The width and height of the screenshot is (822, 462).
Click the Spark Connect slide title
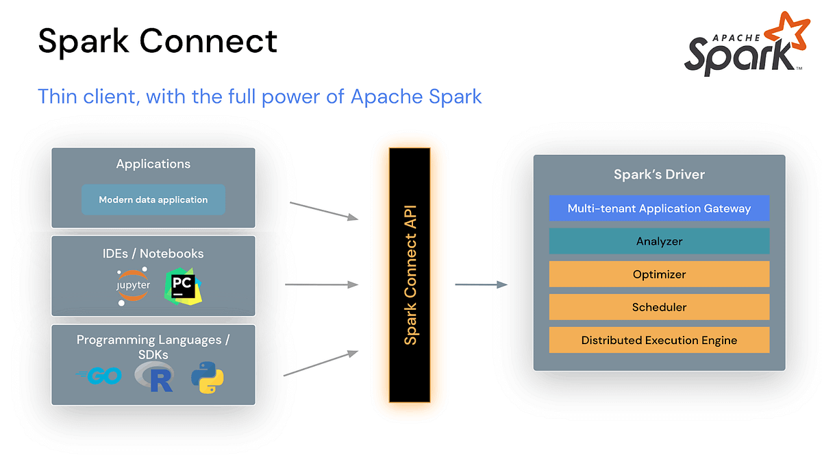tap(158, 41)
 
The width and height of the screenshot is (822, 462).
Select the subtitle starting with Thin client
tap(260, 96)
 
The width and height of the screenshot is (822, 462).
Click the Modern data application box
tap(153, 199)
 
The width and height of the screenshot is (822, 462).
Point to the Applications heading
tap(153, 164)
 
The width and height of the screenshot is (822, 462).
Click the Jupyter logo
tap(133, 285)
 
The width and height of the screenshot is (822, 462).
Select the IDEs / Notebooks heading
tap(153, 253)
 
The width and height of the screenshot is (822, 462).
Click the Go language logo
tap(100, 376)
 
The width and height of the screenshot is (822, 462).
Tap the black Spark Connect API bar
tap(410, 274)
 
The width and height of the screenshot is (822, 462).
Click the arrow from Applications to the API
tap(324, 210)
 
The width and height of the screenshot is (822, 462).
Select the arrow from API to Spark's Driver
tap(481, 284)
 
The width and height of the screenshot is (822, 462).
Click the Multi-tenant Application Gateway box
tap(659, 208)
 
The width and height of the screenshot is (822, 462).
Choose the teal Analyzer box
tap(659, 241)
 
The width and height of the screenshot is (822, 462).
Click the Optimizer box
tap(659, 274)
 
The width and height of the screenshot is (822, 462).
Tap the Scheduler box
tap(659, 307)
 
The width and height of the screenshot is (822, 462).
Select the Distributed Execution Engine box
tap(659, 340)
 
